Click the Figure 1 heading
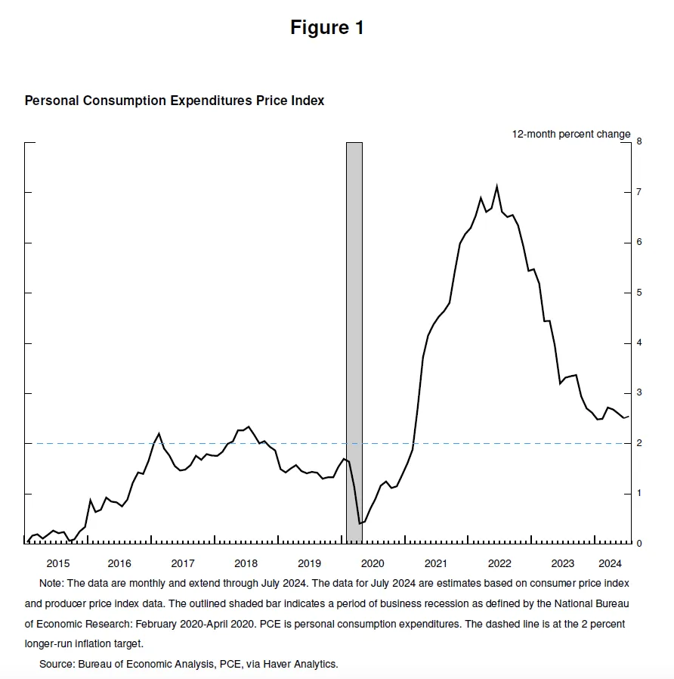[x=327, y=28]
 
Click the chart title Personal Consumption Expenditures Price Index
[x=175, y=101]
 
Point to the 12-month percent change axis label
[x=571, y=134]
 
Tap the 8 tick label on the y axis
[x=638, y=141]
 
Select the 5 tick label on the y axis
[x=638, y=293]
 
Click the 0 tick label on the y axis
[x=638, y=544]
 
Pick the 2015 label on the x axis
[x=57, y=563]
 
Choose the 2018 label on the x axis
[x=246, y=563]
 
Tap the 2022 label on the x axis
[x=499, y=563]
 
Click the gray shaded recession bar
[x=354, y=340]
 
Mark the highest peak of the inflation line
[x=496, y=186]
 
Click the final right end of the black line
[x=629, y=417]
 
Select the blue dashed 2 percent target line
[x=227, y=444]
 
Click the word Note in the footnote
[x=51, y=584]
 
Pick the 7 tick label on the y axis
[x=638, y=192]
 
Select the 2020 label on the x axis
[x=373, y=563]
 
